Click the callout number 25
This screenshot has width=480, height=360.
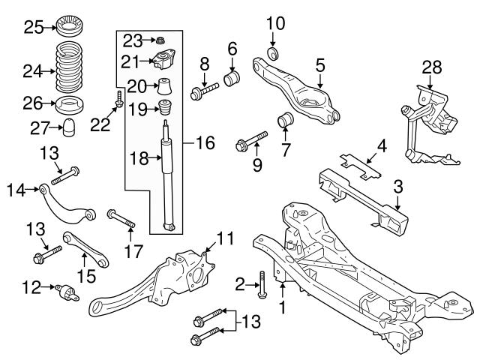(32, 28)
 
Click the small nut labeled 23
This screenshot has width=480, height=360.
(159, 39)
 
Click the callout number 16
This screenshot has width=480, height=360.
(205, 140)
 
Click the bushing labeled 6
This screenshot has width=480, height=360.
(232, 77)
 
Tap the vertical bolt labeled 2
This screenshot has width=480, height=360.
(260, 283)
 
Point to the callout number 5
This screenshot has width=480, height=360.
(319, 66)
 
